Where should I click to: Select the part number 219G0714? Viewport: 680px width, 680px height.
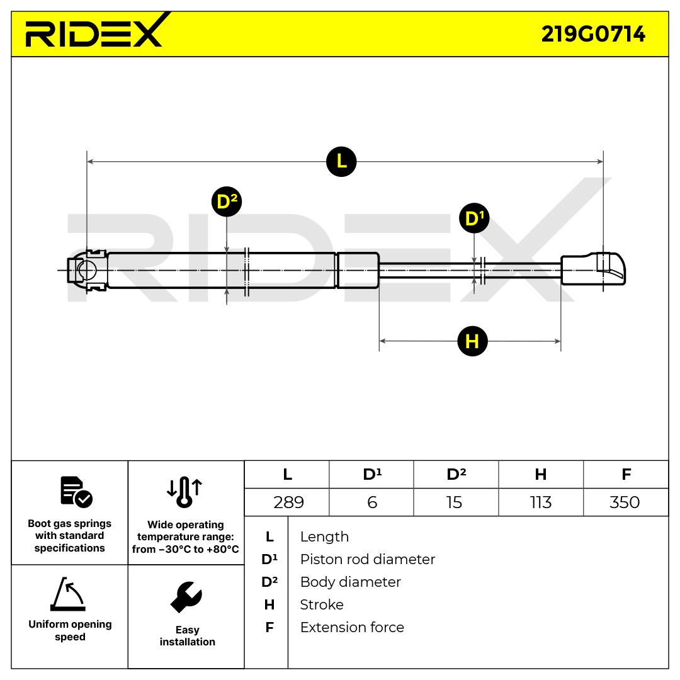tap(593, 34)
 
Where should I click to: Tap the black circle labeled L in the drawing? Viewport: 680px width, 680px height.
tap(341, 161)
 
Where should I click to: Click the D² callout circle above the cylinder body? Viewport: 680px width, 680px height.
tap(227, 202)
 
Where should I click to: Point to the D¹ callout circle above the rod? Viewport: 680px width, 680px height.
tap(473, 218)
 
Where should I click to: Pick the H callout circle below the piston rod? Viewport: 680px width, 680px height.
tap(472, 341)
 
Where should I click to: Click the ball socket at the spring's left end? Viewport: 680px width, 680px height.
tap(86, 271)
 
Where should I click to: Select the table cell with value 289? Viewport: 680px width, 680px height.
tap(288, 502)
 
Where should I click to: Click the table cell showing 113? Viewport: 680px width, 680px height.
tap(541, 502)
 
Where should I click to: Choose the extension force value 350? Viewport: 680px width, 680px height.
tap(625, 502)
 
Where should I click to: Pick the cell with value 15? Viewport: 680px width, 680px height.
tap(454, 502)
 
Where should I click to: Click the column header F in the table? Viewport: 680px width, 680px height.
tap(626, 474)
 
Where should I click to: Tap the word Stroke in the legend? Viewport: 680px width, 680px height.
tap(322, 604)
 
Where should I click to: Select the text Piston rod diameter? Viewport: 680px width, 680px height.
tap(367, 559)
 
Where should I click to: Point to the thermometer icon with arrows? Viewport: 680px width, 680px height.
tap(184, 491)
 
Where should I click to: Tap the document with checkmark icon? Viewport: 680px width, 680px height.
tap(76, 492)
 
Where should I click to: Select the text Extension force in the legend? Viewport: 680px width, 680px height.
tap(352, 627)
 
